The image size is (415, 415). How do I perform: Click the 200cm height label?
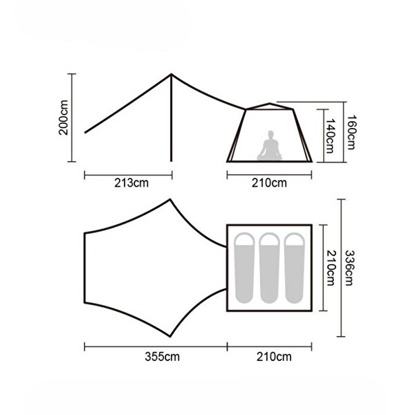[x=64, y=118]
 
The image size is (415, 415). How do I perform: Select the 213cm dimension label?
[x=131, y=183]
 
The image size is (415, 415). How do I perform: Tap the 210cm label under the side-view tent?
[x=269, y=183]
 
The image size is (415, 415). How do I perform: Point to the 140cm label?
[x=330, y=136]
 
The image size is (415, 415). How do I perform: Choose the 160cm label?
[x=351, y=132]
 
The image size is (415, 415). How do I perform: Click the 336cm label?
[x=349, y=268]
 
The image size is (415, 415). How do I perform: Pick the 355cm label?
[x=162, y=356]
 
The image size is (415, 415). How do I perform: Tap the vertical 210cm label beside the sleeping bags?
[x=331, y=268]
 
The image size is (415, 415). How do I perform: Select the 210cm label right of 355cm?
[x=274, y=356]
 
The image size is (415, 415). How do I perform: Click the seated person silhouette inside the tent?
[x=270, y=145]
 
